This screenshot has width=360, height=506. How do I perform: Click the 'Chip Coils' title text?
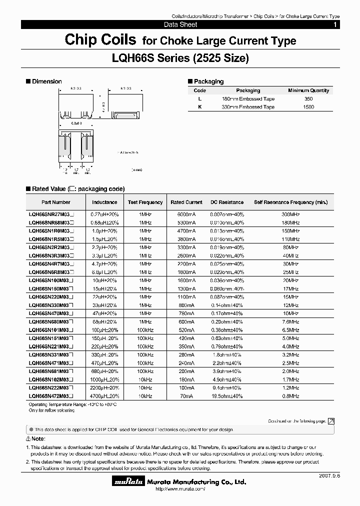100,40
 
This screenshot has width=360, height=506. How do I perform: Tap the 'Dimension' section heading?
46,81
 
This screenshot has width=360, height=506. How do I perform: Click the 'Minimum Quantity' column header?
308,90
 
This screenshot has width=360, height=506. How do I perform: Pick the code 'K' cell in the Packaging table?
199,107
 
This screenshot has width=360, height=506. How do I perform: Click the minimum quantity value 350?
308,99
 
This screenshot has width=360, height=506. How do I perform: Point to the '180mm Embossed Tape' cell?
248,99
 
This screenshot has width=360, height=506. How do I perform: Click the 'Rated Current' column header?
186,202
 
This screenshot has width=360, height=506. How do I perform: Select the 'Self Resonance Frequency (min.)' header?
290,202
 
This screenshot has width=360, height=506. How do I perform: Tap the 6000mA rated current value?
186,213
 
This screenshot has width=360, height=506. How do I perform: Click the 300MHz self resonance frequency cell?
290,213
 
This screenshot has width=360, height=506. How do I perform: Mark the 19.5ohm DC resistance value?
226,395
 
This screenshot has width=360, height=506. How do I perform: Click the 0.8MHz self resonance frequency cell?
290,395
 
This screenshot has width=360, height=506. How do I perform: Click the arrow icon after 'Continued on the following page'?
331,421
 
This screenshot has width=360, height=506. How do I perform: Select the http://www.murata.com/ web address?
180,489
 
